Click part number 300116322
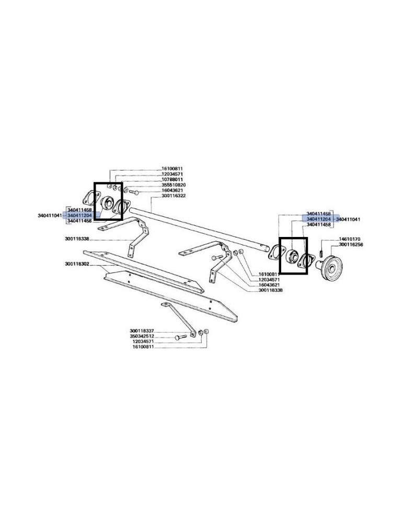[174, 195]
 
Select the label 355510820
[174, 185]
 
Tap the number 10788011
[172, 180]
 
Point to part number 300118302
[77, 264]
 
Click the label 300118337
[141, 331]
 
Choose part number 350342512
[141, 336]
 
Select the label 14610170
[349, 240]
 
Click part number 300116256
[351, 245]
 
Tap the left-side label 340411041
[50, 216]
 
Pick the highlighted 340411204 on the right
[318, 219]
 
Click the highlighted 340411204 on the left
[79, 216]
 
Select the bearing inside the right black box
[292, 256]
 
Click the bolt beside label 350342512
[181, 338]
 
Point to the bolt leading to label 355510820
[133, 192]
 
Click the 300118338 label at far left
[77, 239]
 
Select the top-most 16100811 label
[172, 169]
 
